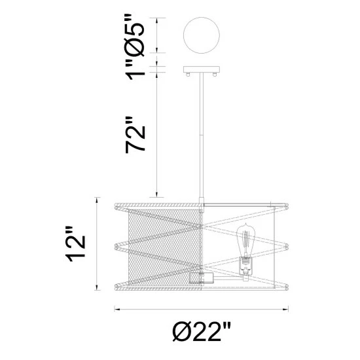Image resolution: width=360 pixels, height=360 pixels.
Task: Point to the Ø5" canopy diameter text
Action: tap(137, 34)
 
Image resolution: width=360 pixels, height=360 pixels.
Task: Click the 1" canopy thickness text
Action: tap(137, 69)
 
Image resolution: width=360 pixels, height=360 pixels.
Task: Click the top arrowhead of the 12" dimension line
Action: tap(98, 198)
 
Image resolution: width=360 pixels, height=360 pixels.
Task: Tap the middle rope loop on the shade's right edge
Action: tap(285, 247)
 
